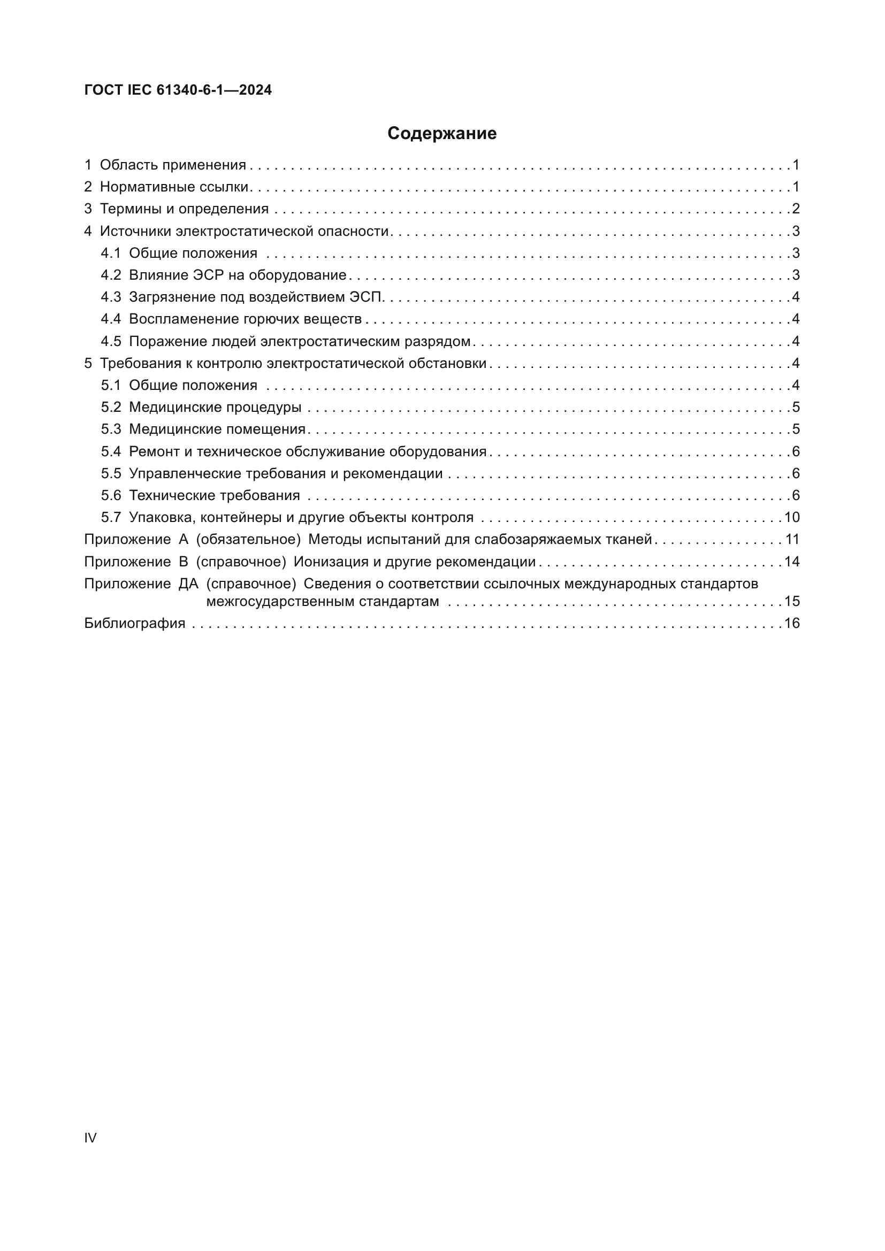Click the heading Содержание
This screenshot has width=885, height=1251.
click(x=442, y=134)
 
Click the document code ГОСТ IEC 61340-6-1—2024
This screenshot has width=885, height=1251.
click(x=178, y=90)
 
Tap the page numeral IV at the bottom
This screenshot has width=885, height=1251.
click(x=90, y=1138)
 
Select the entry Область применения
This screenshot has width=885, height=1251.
click(x=173, y=165)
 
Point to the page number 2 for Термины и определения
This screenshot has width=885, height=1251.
click(x=796, y=209)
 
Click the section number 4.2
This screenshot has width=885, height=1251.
click(x=111, y=275)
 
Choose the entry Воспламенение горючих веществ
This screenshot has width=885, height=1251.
click(x=245, y=319)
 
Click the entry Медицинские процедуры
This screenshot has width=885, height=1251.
click(x=215, y=408)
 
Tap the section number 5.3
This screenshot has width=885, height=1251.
click(x=111, y=429)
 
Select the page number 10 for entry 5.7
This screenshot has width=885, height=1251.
click(x=792, y=518)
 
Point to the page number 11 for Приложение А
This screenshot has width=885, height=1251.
click(x=792, y=540)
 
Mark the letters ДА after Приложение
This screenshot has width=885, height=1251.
click(x=188, y=584)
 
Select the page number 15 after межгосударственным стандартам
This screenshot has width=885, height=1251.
click(x=792, y=602)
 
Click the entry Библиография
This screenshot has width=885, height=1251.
click(x=135, y=623)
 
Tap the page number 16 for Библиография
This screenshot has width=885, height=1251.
click(x=792, y=623)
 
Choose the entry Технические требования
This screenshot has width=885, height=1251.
click(x=214, y=496)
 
